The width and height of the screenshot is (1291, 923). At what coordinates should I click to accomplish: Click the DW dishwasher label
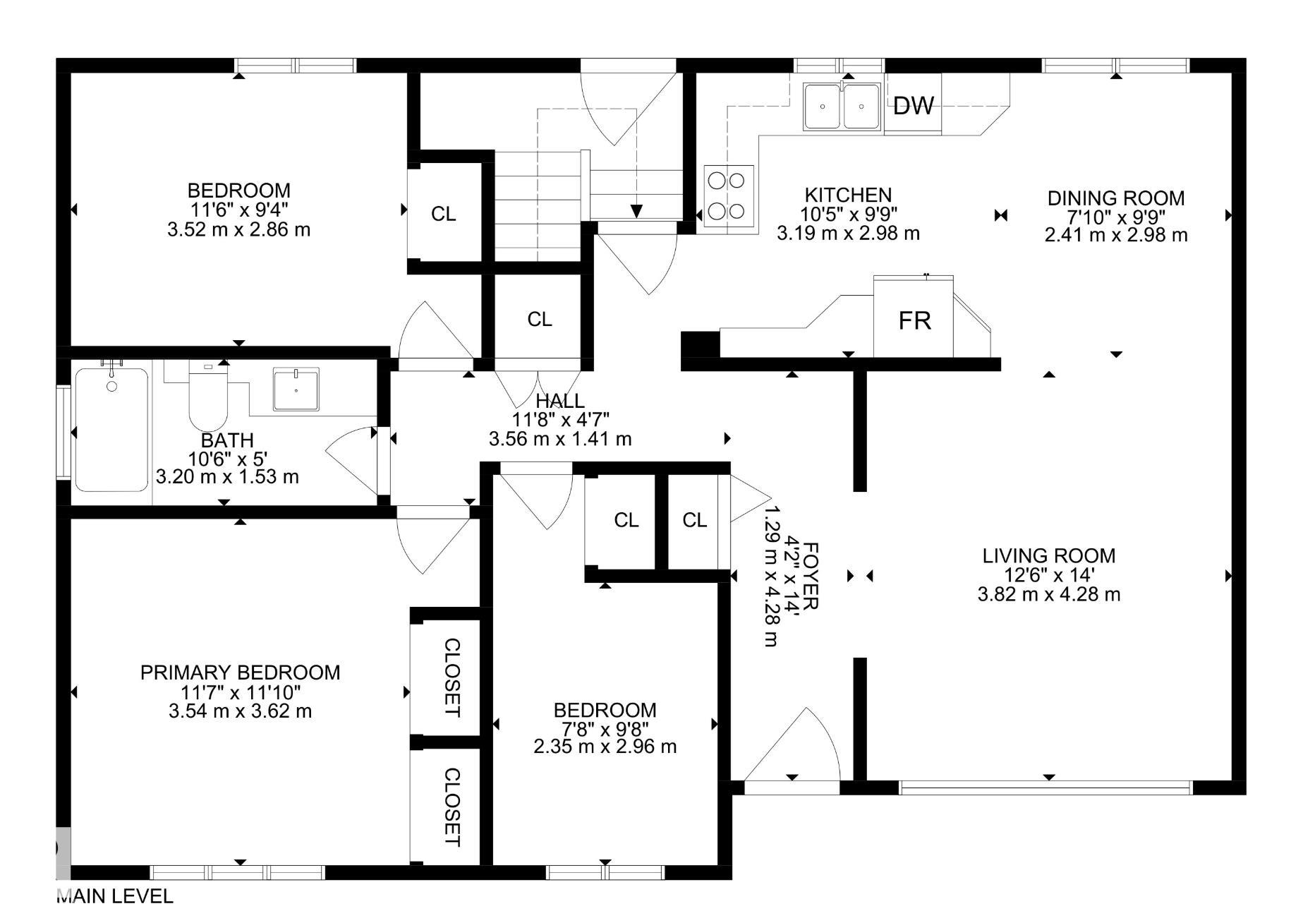(913, 106)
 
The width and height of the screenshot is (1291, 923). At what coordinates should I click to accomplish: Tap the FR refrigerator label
(914, 321)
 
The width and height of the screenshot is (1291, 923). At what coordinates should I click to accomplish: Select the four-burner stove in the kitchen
(729, 195)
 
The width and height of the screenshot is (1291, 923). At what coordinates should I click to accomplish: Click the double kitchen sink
(842, 107)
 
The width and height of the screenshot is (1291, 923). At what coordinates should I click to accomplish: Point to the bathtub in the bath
(111, 429)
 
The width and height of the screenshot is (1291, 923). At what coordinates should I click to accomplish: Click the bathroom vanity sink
(296, 389)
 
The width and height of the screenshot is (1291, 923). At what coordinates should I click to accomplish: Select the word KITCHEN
(848, 195)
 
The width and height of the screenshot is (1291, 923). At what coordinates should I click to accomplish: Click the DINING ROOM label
(1115, 198)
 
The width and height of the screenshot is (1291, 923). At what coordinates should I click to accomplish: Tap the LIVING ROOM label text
(1049, 555)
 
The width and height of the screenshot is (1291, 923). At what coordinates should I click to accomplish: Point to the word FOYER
(811, 577)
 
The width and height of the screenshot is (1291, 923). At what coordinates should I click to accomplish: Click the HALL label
(560, 401)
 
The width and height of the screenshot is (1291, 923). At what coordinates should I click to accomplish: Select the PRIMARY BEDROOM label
(240, 672)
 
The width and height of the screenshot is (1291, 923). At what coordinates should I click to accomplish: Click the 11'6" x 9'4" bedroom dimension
(239, 210)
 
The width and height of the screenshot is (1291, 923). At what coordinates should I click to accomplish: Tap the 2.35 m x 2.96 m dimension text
(605, 746)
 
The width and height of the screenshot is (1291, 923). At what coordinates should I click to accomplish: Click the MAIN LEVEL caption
(114, 896)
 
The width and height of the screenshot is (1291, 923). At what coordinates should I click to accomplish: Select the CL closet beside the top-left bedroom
(444, 213)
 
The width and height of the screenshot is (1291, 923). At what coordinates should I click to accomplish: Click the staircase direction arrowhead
(636, 211)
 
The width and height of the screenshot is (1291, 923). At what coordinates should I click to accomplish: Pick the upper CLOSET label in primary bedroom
(452, 677)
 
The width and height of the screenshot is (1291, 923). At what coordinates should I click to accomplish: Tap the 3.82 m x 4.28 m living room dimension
(1049, 594)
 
